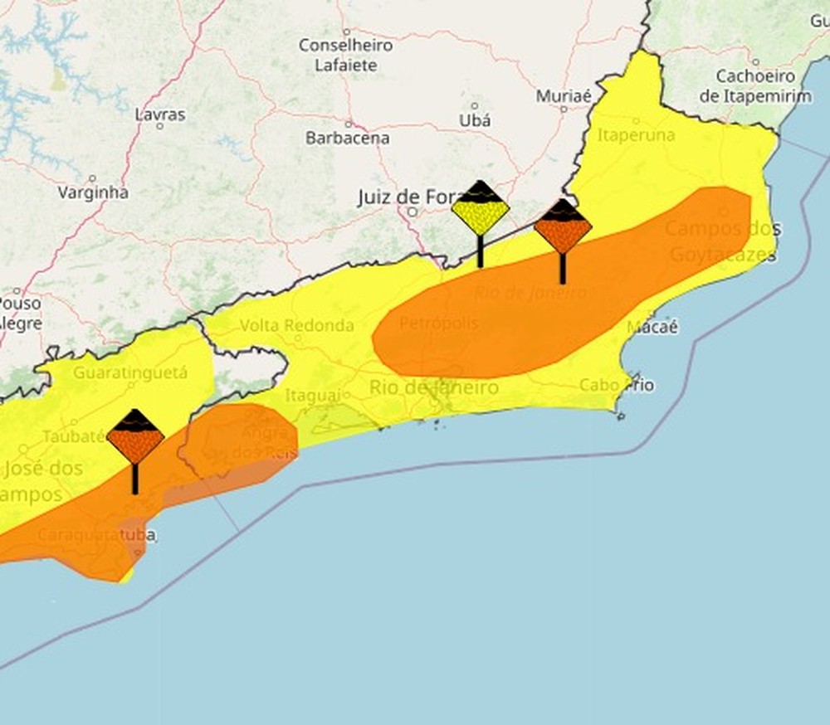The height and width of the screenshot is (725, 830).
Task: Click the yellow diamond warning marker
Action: point(481,209)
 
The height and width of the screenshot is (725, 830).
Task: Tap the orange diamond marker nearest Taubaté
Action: point(135,437)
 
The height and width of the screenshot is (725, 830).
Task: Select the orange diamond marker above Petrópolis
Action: point(563,226)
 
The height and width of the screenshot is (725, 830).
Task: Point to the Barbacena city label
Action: point(347,139)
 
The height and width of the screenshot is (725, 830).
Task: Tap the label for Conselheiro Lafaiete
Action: point(345,55)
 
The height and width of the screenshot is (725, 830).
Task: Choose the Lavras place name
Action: point(160,114)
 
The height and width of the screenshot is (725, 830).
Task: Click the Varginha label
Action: point(93,192)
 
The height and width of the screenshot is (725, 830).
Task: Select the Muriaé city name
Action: point(564,96)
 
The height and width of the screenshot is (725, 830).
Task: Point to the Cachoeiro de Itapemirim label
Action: point(754,86)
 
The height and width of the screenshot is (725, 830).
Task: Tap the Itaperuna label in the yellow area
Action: point(637,135)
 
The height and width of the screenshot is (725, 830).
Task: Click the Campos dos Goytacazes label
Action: point(723,241)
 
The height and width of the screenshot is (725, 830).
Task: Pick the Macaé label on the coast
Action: point(652,327)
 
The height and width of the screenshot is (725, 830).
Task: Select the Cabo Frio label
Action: point(616,386)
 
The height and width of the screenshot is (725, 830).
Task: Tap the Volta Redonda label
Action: point(296,326)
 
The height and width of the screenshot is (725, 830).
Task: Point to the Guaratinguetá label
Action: point(130,373)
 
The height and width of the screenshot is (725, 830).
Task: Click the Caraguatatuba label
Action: point(96,535)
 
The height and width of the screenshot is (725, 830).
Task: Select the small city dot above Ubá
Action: point(475,106)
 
